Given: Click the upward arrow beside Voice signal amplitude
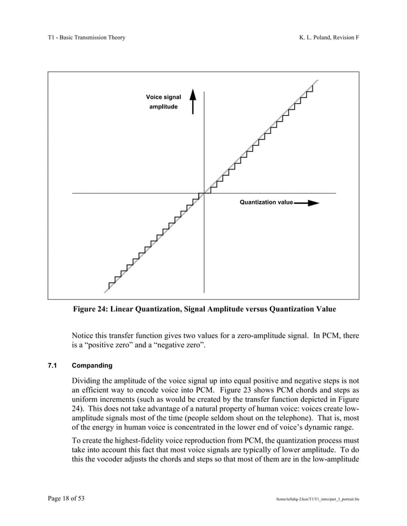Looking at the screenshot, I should point(193,102).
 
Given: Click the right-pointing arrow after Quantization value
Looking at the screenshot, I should point(306,203).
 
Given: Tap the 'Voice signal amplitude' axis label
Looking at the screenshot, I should point(163,102).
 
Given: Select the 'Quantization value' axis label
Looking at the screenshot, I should point(266,203).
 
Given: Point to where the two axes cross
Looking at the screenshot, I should point(204,192).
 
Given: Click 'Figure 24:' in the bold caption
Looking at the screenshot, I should point(92,309).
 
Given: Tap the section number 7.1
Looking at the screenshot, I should point(52,366).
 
